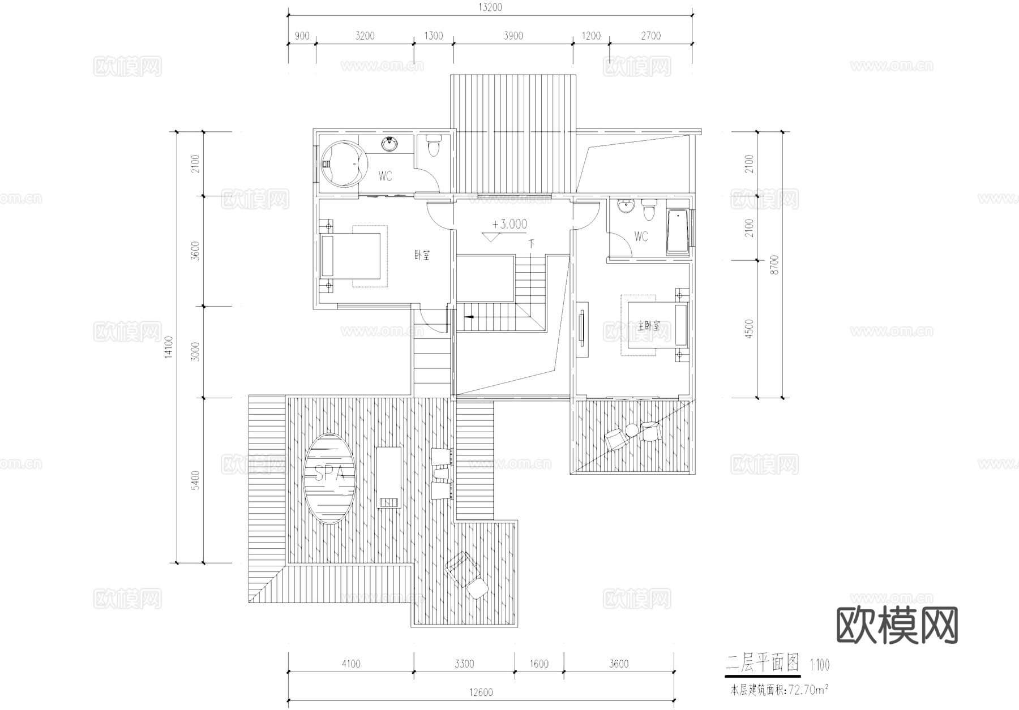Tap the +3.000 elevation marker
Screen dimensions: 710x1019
click(x=509, y=224)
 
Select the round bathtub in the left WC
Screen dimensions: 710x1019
click(x=342, y=163)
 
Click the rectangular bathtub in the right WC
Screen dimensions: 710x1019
click(x=677, y=233)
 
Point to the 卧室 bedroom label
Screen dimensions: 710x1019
click(x=422, y=255)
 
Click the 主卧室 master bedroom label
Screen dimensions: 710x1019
click(x=649, y=326)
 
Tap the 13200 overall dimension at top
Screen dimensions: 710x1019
click(x=490, y=7)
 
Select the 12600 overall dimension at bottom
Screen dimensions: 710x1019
click(x=481, y=692)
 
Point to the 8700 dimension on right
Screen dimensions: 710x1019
click(x=775, y=264)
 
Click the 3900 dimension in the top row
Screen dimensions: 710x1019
click(x=513, y=36)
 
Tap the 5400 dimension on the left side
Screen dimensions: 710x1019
click(x=195, y=480)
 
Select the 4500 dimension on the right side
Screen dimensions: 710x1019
click(x=750, y=329)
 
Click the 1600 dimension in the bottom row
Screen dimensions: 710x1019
click(x=539, y=664)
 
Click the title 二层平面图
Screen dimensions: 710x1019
click(x=762, y=662)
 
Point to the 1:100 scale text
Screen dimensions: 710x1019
click(x=819, y=665)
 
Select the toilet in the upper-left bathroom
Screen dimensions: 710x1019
click(x=434, y=146)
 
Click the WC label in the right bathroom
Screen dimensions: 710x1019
click(x=641, y=236)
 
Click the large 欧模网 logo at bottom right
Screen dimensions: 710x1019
click(x=897, y=626)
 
